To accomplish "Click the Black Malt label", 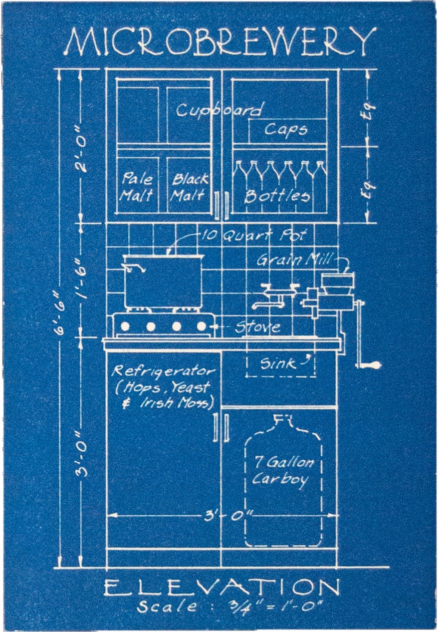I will click(189, 187).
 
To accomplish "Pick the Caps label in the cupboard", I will click(286, 130).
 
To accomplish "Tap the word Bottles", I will click(277, 196).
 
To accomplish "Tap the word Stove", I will click(258, 328).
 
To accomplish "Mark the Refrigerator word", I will click(163, 372).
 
